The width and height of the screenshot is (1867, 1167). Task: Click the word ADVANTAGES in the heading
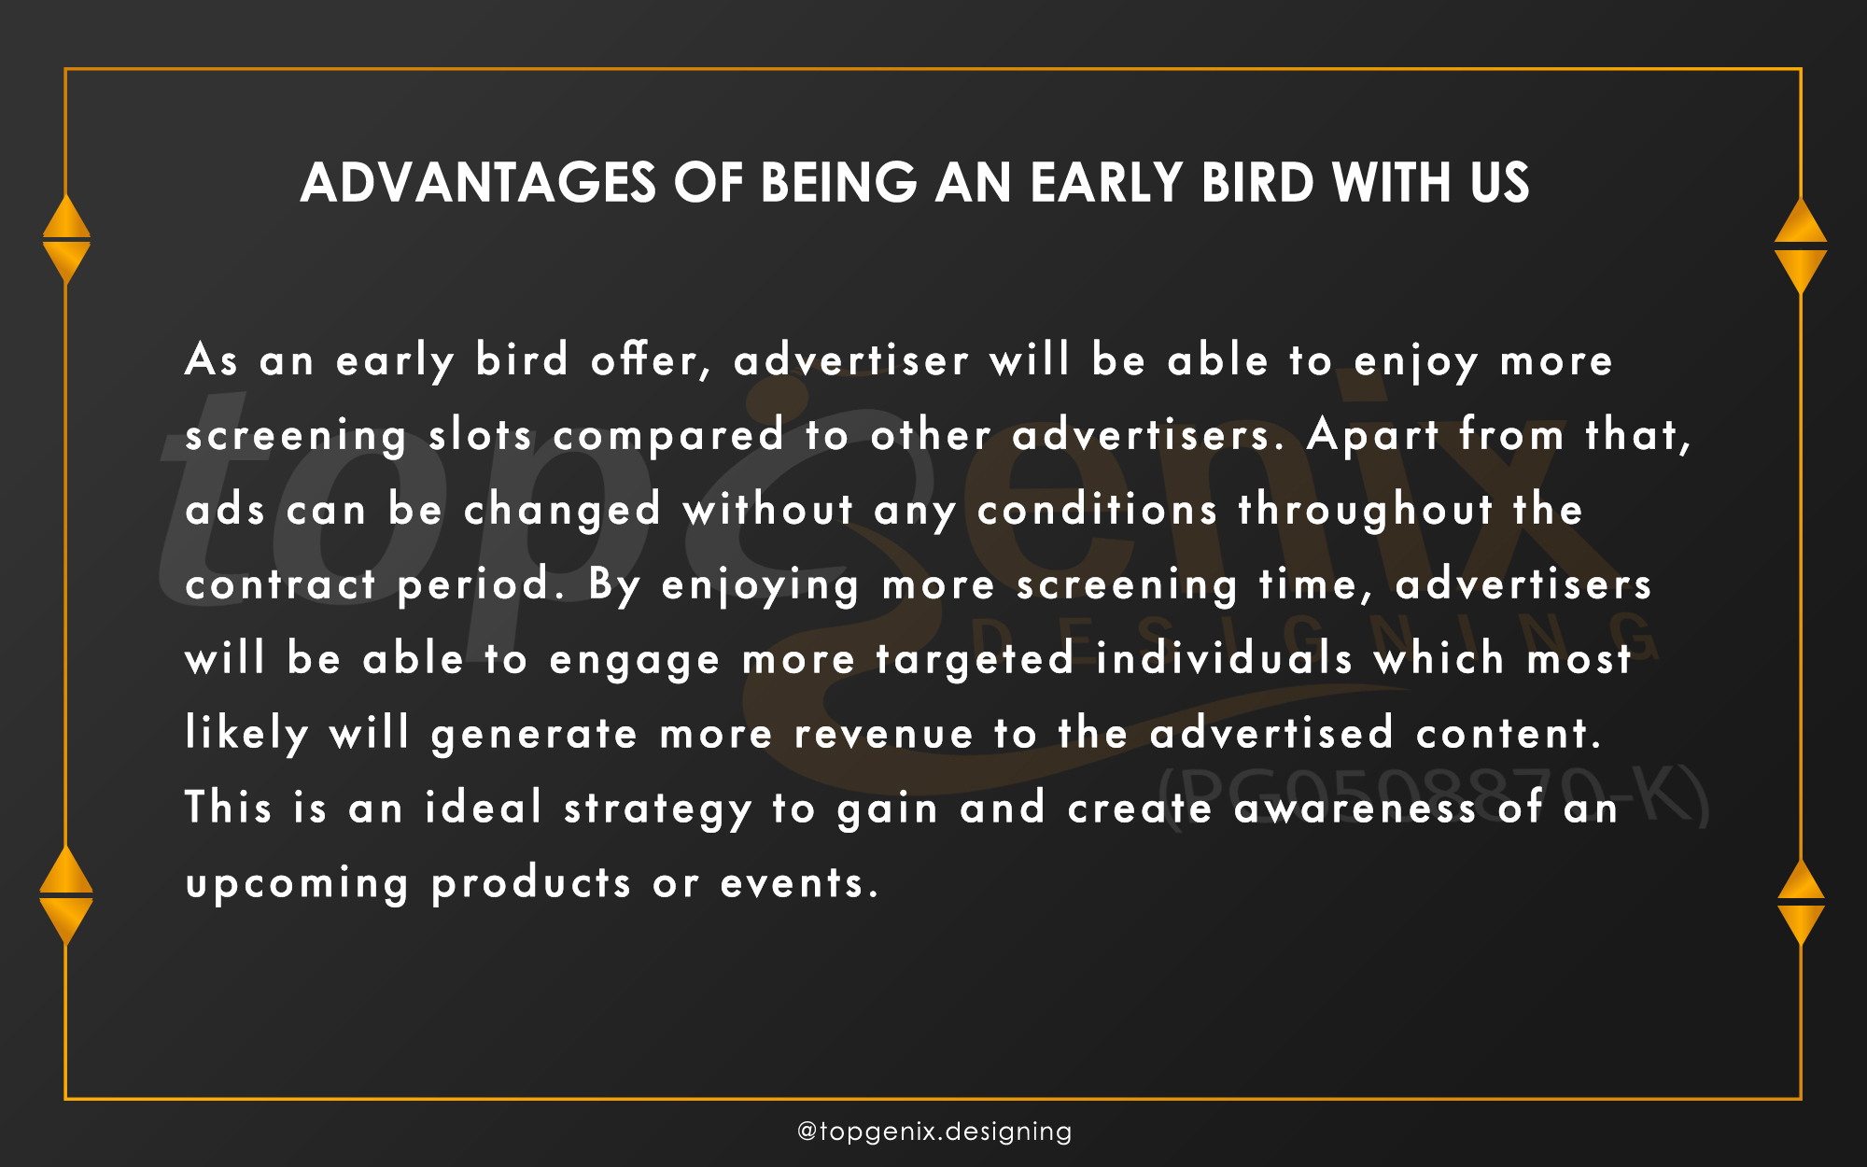point(478,182)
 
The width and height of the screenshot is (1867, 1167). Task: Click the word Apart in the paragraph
point(1372,436)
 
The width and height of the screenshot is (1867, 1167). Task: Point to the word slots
point(480,435)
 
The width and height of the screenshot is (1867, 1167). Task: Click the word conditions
point(1097,510)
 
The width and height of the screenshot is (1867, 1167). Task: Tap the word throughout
point(1365,511)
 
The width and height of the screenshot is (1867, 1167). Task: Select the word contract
point(280,585)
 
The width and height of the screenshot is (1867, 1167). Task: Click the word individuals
point(1224,658)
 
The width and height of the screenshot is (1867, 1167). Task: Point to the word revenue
point(883,734)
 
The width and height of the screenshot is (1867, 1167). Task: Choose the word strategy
point(657,809)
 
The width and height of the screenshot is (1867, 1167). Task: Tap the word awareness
point(1355,808)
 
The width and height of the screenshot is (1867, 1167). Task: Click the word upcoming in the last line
point(297,884)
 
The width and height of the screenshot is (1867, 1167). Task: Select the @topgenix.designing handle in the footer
point(934,1132)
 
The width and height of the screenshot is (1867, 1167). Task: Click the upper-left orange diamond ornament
point(66,239)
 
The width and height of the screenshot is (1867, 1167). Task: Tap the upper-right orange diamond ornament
point(1801,246)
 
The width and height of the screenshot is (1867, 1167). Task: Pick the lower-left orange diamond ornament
point(66,894)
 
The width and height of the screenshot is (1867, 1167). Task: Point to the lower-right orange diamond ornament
point(1801,902)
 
